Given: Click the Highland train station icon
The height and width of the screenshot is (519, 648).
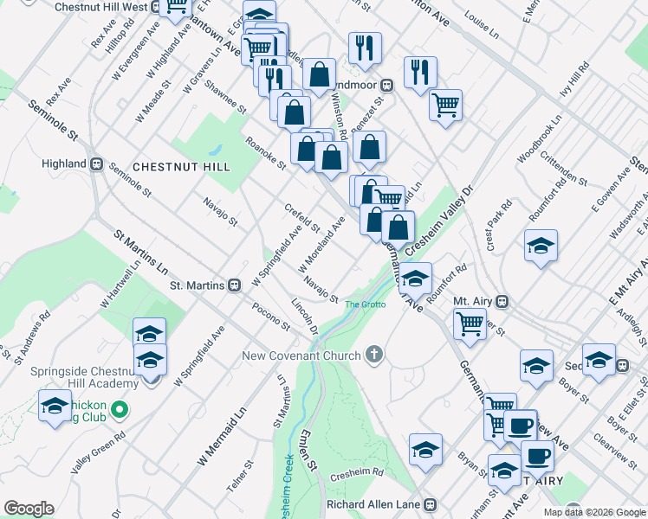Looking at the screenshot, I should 96,163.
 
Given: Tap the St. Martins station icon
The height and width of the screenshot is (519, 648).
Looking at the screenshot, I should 234,285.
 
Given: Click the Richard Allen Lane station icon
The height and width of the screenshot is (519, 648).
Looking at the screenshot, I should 430,504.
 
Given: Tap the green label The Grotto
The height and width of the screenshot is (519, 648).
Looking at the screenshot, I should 363,304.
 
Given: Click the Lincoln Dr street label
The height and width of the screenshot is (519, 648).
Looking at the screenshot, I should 305,317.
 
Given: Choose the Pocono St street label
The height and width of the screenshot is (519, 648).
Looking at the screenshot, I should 271,317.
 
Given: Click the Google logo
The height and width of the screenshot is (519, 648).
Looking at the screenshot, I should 29,509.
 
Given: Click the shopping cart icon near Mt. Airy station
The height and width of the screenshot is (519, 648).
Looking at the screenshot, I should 470,324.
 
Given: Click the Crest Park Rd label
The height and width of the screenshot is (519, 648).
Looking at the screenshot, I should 500,227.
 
